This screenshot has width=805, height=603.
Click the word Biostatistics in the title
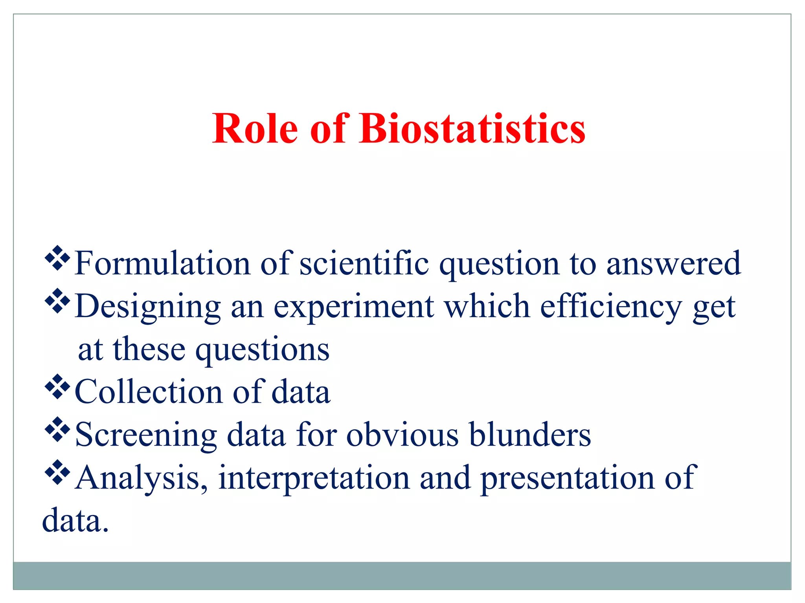click(472, 129)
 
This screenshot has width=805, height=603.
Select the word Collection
click(149, 392)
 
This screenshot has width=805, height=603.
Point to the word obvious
click(402, 435)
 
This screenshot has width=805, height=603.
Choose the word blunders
click(530, 435)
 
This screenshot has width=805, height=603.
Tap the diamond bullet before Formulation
click(57, 258)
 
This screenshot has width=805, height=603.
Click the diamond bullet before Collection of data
click(57, 386)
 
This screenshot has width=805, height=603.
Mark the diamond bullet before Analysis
click(57, 472)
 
